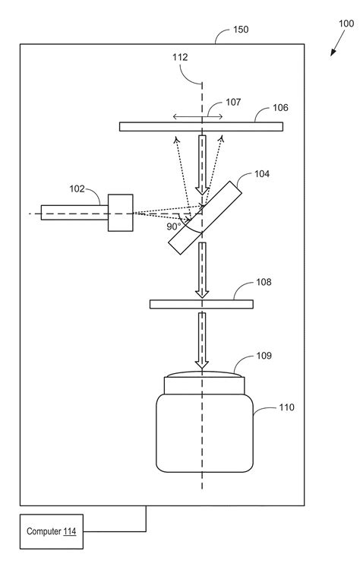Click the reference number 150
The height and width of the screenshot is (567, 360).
tap(241, 30)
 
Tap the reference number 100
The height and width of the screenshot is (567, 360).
tap(346, 24)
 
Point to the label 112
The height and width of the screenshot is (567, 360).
tap(180, 57)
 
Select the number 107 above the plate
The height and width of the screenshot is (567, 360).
tap(233, 103)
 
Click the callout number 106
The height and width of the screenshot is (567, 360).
tap(280, 108)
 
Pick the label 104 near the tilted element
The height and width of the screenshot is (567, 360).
tap(262, 174)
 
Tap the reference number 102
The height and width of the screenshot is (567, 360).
tap(77, 188)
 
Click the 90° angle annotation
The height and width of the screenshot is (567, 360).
tap(174, 226)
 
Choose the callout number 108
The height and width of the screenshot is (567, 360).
tap(264, 282)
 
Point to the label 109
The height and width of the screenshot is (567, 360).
tap(264, 356)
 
